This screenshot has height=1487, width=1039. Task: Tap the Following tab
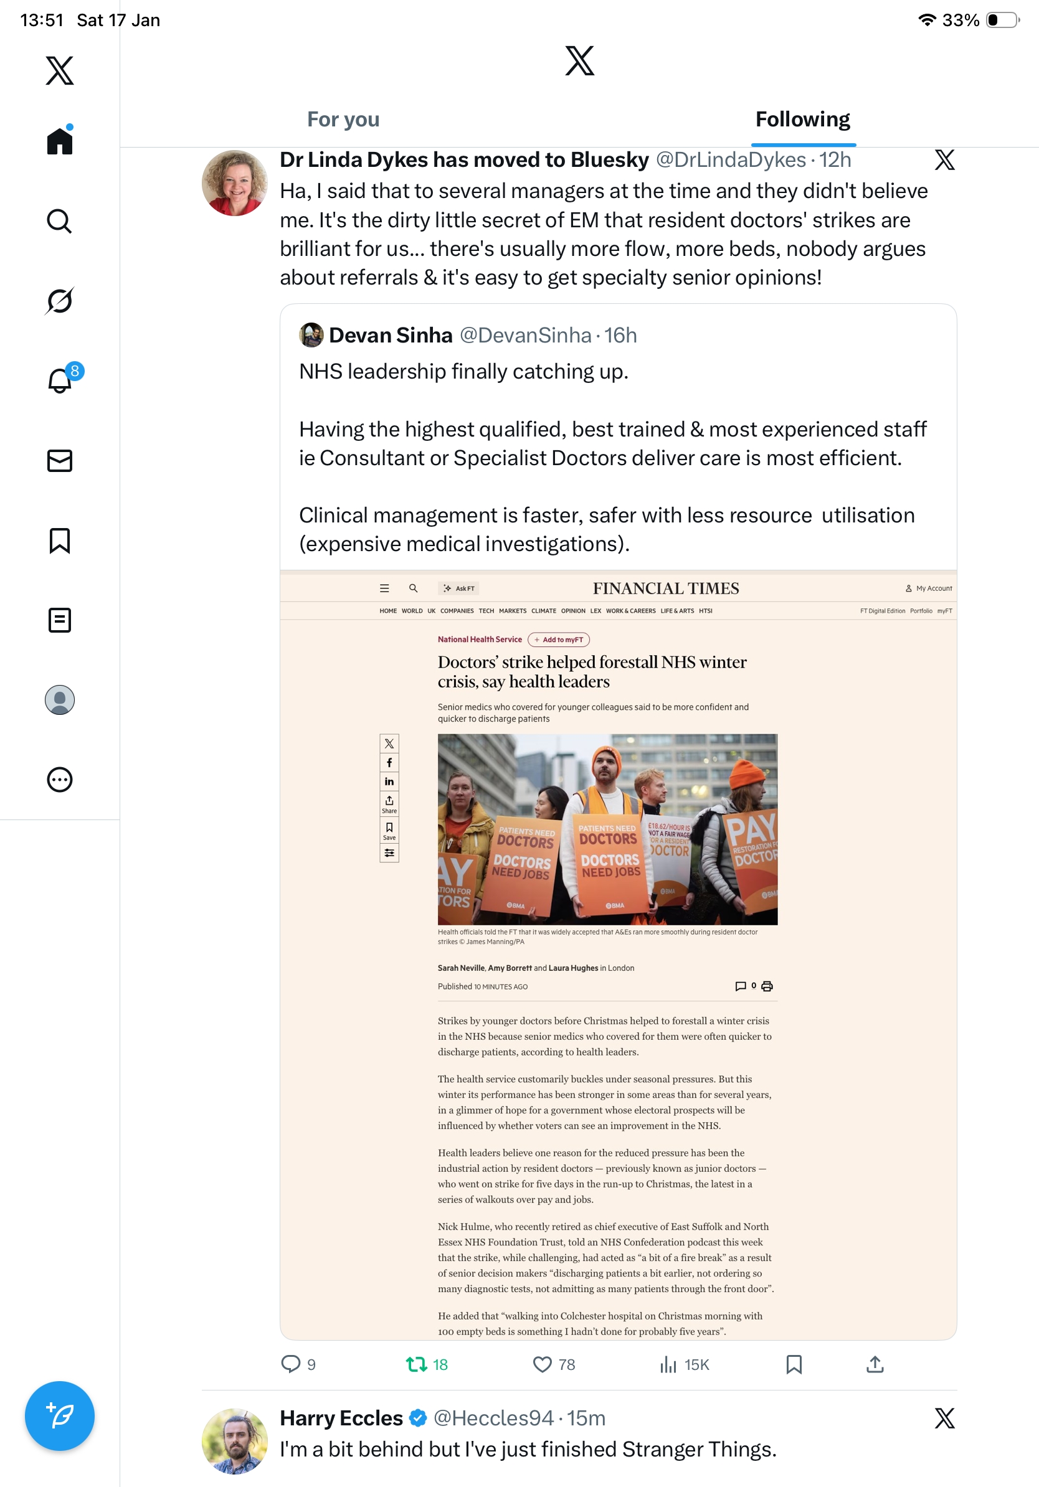click(x=802, y=120)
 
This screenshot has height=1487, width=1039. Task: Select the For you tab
click(x=343, y=120)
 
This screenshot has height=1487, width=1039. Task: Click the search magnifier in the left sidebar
click(x=60, y=222)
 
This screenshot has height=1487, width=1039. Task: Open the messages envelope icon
click(x=60, y=460)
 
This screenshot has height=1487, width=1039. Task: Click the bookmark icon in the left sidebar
click(x=60, y=540)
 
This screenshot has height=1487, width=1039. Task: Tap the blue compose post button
click(x=60, y=1416)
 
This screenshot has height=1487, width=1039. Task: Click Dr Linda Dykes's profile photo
click(x=234, y=183)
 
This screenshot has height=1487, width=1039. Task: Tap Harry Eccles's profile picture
click(x=234, y=1441)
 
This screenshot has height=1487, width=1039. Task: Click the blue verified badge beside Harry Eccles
click(x=419, y=1418)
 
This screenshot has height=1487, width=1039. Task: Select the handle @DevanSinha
click(x=525, y=336)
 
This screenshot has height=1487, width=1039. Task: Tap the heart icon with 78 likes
click(x=542, y=1364)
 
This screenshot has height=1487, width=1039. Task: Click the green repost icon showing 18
click(x=417, y=1364)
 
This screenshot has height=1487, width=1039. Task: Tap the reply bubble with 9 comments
click(x=291, y=1364)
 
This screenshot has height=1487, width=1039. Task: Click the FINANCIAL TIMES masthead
click(x=666, y=588)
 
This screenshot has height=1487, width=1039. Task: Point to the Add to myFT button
click(x=558, y=640)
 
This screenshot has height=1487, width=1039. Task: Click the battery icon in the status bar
click(x=1002, y=20)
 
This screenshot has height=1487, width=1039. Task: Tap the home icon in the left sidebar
click(x=60, y=141)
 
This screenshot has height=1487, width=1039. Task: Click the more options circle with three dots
click(x=60, y=780)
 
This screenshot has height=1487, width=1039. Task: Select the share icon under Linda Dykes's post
click(x=875, y=1364)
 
